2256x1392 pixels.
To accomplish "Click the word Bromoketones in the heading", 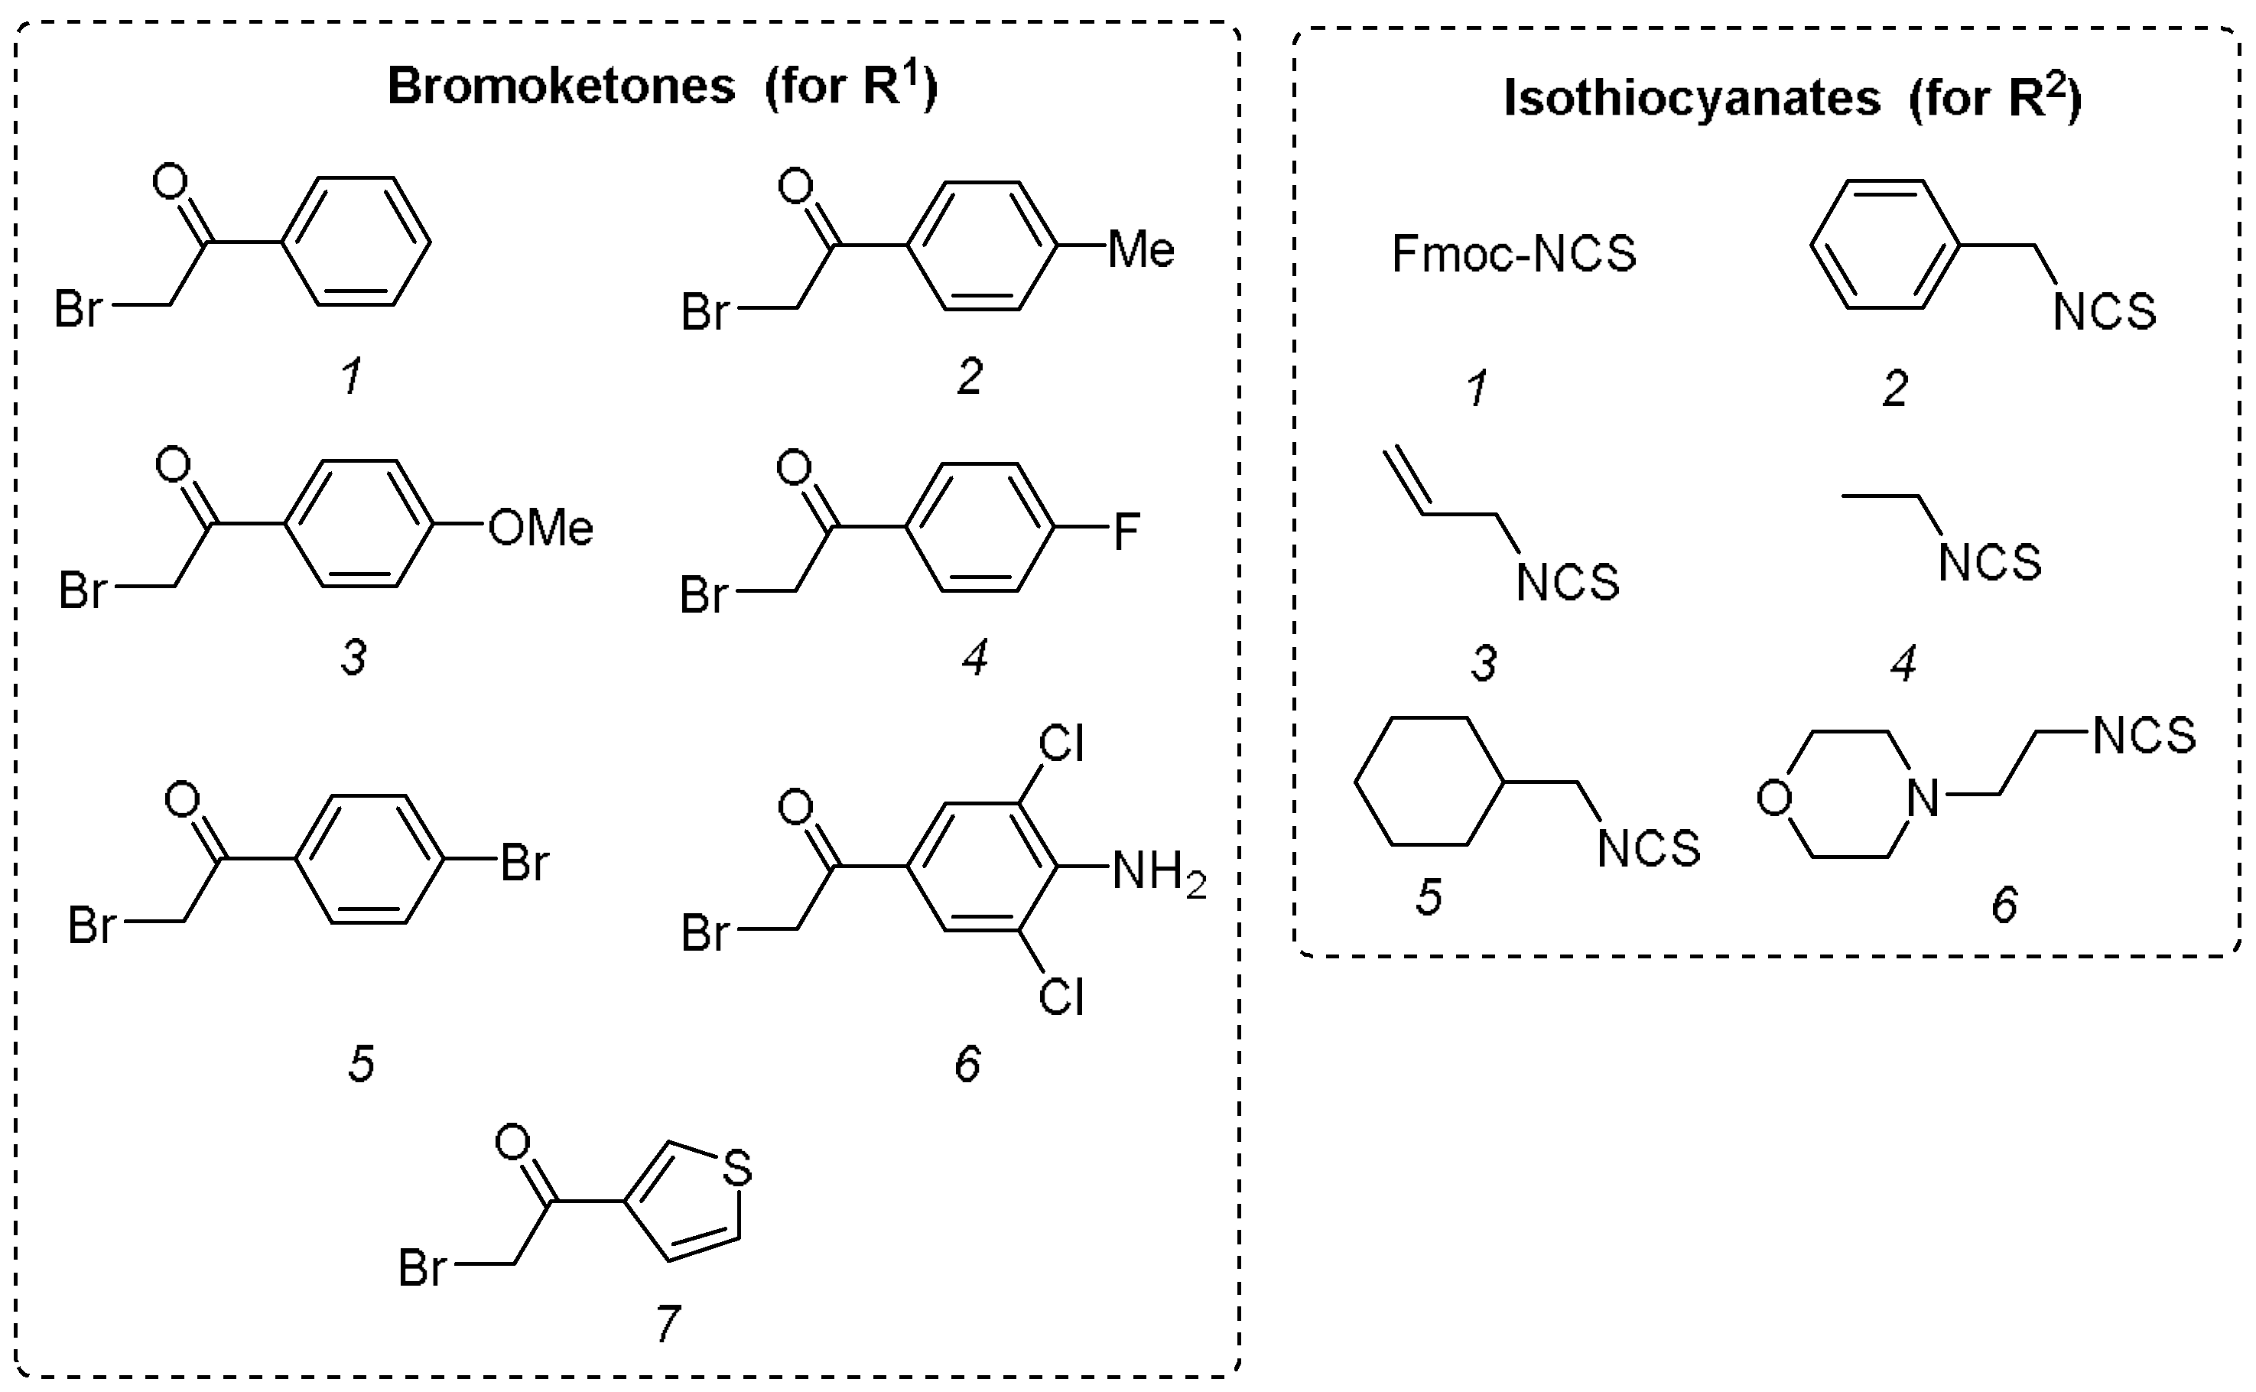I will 561,86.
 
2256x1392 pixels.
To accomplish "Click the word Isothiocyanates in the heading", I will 1691,98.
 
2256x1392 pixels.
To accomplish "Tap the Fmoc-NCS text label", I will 1513,254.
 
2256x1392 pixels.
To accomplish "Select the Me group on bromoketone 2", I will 1140,249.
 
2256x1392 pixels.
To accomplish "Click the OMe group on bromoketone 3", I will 541,529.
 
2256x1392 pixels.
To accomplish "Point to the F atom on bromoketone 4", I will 1126,532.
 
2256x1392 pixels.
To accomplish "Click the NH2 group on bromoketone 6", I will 1157,871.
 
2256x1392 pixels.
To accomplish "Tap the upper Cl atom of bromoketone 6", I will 1061,744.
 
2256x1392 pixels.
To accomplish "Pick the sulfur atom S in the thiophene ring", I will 736,1169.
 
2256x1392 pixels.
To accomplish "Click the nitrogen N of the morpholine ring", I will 1922,798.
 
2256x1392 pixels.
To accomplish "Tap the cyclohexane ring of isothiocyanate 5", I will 1429,781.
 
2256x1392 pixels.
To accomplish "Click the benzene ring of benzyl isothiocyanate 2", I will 1885,245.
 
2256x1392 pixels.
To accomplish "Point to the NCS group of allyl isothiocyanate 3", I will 1567,583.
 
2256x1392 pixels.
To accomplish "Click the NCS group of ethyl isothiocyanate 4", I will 1989,562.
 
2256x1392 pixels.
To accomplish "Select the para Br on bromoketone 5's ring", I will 525,863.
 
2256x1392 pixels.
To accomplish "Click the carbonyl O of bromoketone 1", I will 169,182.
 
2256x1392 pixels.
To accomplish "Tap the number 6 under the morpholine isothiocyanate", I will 2004,905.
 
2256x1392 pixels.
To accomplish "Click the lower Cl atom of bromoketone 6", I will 1061,998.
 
